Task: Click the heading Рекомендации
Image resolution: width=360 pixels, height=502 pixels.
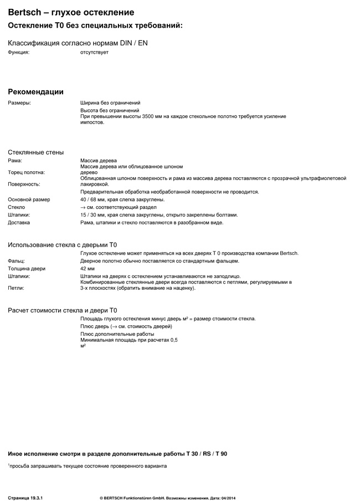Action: [35, 91]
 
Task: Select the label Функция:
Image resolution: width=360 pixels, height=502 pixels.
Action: [18, 52]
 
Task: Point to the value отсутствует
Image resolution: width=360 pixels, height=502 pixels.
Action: [94, 52]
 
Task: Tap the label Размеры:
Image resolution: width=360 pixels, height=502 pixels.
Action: [19, 103]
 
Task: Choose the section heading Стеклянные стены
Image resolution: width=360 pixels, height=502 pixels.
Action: [35, 152]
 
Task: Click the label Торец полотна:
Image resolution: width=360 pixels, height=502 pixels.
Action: [26, 172]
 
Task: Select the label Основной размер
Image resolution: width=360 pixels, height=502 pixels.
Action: [29, 199]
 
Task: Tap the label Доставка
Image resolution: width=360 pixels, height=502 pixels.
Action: [19, 223]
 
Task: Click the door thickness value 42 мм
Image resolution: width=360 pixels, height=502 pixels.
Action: [88, 269]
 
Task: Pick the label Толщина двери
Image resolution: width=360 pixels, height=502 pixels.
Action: [27, 269]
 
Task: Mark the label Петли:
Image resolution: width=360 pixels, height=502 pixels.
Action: [16, 288]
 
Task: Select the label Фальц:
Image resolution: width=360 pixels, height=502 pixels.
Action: [17, 261]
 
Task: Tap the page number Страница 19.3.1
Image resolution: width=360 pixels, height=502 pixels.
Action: [25, 491]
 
